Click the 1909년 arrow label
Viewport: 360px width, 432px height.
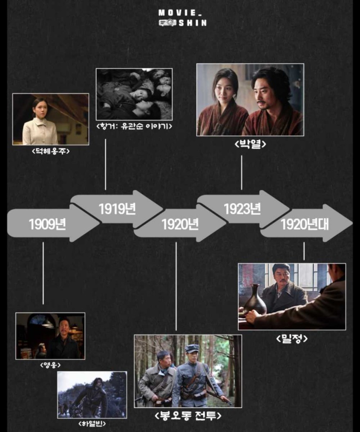(47, 224)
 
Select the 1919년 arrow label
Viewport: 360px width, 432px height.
(117, 209)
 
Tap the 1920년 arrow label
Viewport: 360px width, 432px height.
(180, 224)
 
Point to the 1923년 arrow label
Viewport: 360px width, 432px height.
(242, 209)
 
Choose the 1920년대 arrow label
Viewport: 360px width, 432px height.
(304, 224)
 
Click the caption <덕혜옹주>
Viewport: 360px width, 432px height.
(51, 151)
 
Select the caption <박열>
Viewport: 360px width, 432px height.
(250, 144)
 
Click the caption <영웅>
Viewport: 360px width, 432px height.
(50, 365)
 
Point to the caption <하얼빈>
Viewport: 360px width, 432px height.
(92, 424)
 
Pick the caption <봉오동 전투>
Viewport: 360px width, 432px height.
(188, 416)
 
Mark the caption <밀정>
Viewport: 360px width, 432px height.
(292, 339)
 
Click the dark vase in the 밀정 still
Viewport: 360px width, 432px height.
(254, 299)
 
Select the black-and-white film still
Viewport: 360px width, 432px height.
(134, 94)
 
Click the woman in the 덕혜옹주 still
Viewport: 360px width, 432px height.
(39, 125)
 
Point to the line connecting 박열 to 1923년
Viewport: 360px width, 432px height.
(241, 172)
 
